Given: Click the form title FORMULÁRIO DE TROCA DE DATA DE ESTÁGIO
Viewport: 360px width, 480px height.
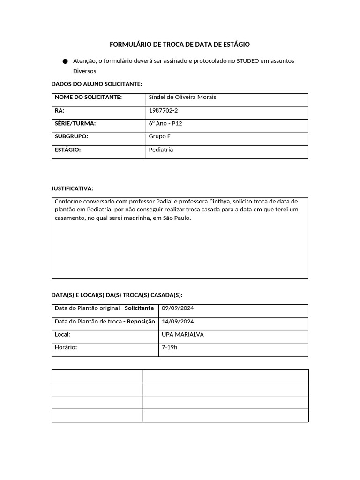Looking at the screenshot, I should (x=180, y=45).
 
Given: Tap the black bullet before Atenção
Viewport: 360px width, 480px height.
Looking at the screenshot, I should (x=65, y=61).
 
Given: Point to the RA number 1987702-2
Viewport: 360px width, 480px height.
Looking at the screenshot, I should (x=163, y=110).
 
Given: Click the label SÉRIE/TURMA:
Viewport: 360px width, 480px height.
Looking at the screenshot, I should (x=75, y=123).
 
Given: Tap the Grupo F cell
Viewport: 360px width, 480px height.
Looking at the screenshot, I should (x=159, y=136).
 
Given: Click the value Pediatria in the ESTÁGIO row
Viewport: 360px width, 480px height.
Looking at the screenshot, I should (x=161, y=150).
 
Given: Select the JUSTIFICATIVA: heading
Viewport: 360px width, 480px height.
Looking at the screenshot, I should (x=72, y=188).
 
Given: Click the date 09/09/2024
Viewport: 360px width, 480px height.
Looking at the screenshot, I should (x=178, y=308).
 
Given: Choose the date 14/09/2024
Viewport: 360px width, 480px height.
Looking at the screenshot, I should (x=178, y=322).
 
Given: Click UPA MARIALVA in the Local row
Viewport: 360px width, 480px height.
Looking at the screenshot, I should (x=182, y=335).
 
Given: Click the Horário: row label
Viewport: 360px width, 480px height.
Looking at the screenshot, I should (x=66, y=348).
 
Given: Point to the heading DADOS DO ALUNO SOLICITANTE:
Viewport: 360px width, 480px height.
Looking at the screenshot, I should (x=97, y=84).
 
